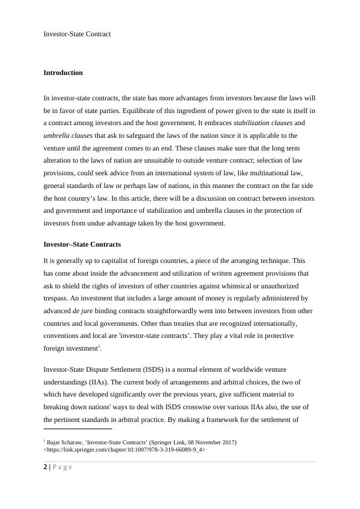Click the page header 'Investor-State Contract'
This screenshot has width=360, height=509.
click(x=77, y=34)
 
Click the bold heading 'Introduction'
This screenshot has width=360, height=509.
click(x=63, y=73)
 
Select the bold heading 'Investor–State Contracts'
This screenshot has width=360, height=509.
click(x=82, y=244)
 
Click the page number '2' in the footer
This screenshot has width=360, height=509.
click(x=45, y=466)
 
